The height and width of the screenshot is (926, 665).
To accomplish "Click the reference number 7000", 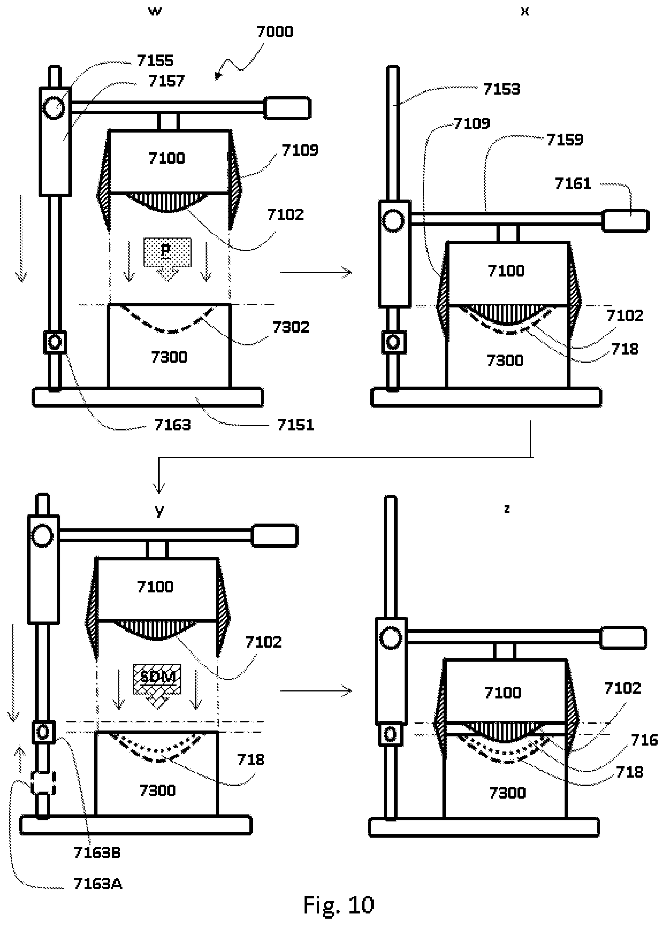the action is [274, 32].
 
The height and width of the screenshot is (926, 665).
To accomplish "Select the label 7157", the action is [167, 81].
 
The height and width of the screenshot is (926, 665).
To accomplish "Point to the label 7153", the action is [501, 89].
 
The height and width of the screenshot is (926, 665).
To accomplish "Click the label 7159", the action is [565, 140].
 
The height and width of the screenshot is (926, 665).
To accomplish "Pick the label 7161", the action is [573, 183].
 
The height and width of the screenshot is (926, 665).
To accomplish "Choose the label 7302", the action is [291, 327].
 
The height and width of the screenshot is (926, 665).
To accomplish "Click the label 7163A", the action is [98, 884].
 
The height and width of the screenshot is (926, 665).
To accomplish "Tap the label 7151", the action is [295, 425].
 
